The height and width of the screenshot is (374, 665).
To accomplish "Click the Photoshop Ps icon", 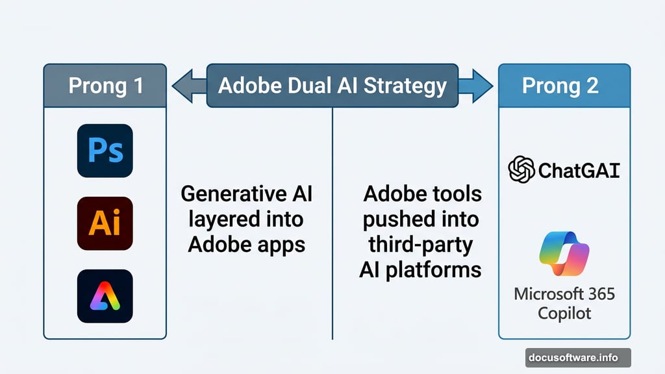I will point(105,151).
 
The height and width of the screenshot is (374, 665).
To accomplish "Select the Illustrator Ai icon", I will point(105,223).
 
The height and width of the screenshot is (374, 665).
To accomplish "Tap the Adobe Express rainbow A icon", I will point(105,296).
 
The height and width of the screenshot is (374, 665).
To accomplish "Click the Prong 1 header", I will point(105,86).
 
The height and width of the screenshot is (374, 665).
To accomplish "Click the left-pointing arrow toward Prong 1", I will point(188,86).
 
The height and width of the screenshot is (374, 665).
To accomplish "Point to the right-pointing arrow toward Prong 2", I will point(475,86).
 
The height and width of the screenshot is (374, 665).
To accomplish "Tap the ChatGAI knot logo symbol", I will point(521,170).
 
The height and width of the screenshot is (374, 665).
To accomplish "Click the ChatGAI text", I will point(578,171).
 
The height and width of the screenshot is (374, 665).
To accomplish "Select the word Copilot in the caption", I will point(564,313).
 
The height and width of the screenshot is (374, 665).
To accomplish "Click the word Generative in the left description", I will point(224,193).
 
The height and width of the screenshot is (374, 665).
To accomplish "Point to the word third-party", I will point(420,244).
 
